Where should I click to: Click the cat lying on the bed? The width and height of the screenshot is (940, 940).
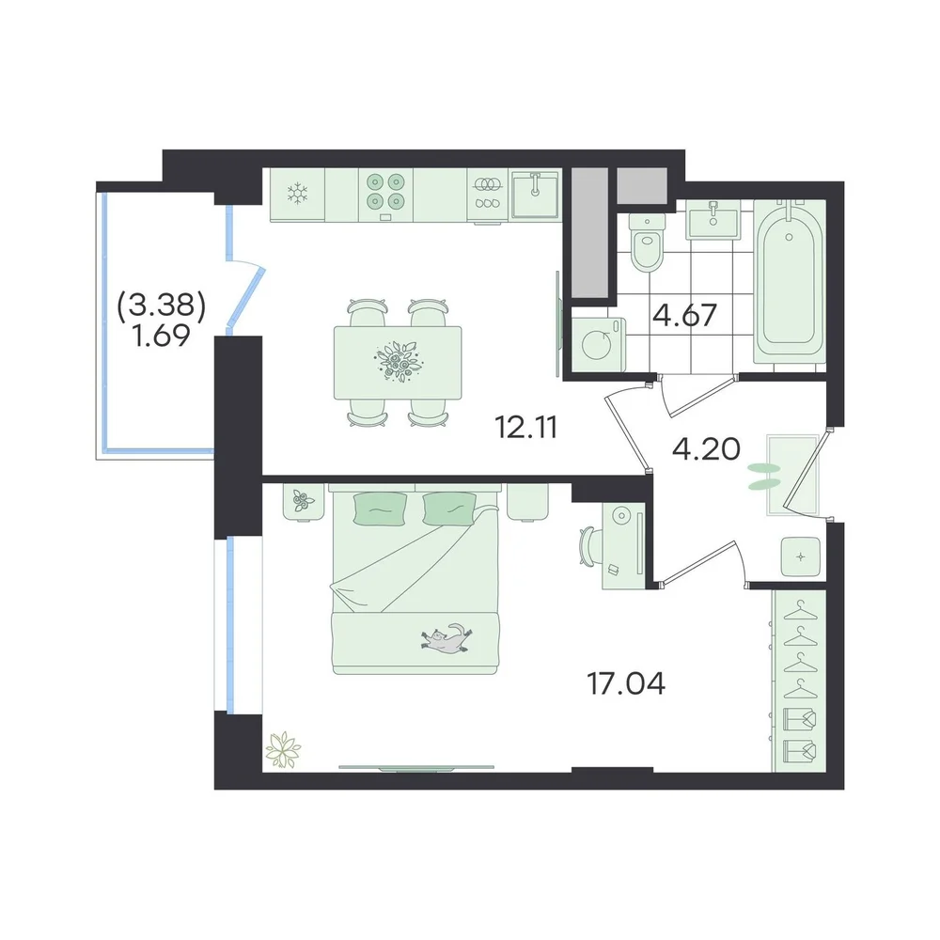[x=446, y=639]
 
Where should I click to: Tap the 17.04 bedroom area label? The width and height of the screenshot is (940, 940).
[x=626, y=684]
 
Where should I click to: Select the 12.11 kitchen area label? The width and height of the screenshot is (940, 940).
[x=526, y=428]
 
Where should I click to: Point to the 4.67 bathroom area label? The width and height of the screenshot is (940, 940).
[x=684, y=315]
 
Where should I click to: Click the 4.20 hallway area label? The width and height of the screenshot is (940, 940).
[x=706, y=449]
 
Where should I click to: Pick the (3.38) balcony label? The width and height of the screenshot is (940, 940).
[x=162, y=307]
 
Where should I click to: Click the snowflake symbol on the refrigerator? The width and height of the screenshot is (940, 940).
[x=297, y=193]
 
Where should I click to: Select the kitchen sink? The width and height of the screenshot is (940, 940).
[x=536, y=195]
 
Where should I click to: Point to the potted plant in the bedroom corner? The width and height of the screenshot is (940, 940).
[x=283, y=749]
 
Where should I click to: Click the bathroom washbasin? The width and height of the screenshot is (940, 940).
[x=713, y=219]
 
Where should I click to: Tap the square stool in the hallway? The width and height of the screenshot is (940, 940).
[x=800, y=556]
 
